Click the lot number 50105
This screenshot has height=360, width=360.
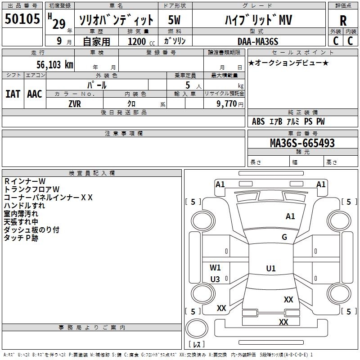pyautogui.click(x=22, y=19)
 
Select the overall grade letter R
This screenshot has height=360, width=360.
pyautogui.click(x=343, y=21)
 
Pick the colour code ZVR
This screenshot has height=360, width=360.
pyautogui.click(x=74, y=103)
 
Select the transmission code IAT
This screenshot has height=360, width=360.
pyautogui.click(x=13, y=94)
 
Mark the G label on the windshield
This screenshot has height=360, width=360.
pyautogui.click(x=284, y=237)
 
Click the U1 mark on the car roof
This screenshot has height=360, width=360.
pyautogui.click(x=270, y=269)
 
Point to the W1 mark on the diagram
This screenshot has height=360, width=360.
pyautogui.click(x=216, y=267)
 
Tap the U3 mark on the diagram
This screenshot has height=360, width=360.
pyautogui.click(x=215, y=279)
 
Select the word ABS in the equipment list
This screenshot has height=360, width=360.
pyautogui.click(x=258, y=121)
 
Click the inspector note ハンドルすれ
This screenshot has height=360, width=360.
pyautogui.click(x=24, y=206)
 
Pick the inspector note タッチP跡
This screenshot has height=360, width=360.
pyautogui.click(x=21, y=238)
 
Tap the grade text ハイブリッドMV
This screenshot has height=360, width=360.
pyautogui.click(x=258, y=20)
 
